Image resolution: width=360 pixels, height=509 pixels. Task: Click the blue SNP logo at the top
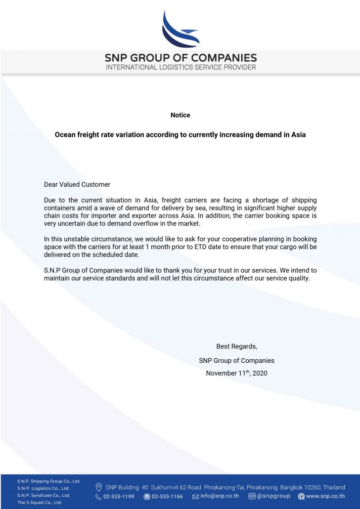(x=180, y=28)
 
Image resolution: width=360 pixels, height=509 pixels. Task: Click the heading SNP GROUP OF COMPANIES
(x=180, y=58)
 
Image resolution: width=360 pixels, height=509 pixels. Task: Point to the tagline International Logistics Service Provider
(x=180, y=67)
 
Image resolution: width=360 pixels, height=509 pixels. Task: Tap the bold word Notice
(x=180, y=115)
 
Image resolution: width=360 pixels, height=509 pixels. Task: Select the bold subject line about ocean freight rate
(x=180, y=134)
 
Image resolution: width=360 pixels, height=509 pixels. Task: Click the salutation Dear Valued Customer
(x=77, y=184)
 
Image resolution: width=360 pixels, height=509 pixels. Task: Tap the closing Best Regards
(x=236, y=346)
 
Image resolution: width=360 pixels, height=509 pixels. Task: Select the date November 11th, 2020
(x=236, y=373)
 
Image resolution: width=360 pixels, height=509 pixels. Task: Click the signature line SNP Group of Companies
(x=236, y=360)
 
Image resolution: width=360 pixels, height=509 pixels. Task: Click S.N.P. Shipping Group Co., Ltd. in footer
(x=48, y=481)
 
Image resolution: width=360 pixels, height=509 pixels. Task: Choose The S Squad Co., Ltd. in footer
(x=40, y=502)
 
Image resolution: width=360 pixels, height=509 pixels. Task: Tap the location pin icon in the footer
(x=99, y=487)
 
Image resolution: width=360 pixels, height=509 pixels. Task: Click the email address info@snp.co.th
(x=220, y=497)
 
